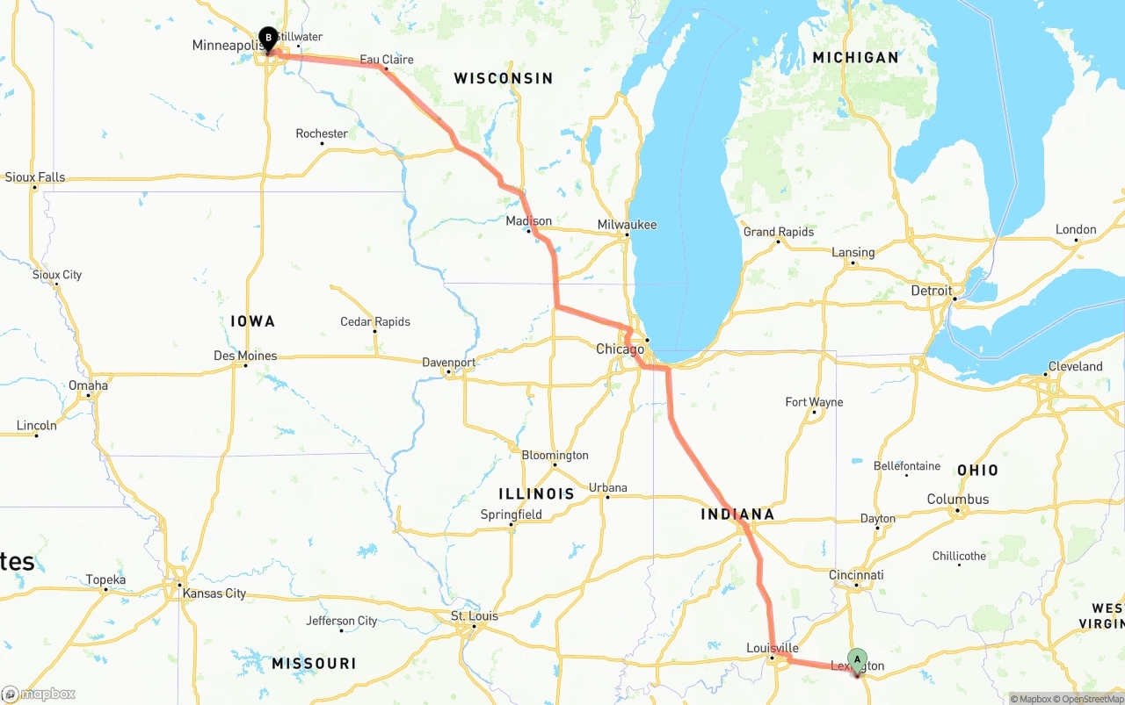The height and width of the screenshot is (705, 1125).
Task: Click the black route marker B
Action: coord(268,38)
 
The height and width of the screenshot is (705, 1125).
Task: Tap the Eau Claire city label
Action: coord(387,60)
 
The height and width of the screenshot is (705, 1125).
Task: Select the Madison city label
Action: coord(529,221)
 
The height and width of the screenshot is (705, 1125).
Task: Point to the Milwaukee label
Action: coord(627,225)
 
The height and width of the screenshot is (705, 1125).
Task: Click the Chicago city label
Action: coord(620,349)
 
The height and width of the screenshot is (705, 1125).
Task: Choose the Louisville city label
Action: coord(772,648)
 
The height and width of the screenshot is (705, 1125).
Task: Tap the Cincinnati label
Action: coord(855,575)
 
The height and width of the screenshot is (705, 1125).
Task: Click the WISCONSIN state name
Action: coord(504,78)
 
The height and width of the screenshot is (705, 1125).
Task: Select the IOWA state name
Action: coord(253,321)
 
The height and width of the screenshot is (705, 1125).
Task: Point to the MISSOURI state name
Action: coord(314,663)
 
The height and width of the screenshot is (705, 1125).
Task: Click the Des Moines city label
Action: coord(245,356)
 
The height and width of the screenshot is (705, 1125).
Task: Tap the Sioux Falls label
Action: coord(35,177)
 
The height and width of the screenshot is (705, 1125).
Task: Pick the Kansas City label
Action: coord(214,593)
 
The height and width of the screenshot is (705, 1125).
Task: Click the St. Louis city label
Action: coord(475,616)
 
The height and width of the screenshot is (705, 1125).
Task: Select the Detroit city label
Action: coord(931,291)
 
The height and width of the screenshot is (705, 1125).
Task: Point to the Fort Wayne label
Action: coord(814,402)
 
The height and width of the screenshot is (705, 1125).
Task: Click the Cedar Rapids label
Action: coord(375,322)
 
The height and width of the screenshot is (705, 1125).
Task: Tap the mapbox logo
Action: coord(39,694)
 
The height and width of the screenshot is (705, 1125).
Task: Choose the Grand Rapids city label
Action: coord(779,232)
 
